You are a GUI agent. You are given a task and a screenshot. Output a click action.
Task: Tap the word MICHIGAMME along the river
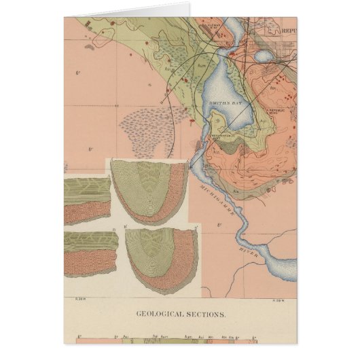[x=216, y=194]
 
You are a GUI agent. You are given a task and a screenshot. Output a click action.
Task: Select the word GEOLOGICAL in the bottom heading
[x=158, y=314]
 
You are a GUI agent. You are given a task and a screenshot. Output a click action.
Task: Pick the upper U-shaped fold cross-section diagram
[x=149, y=190]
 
